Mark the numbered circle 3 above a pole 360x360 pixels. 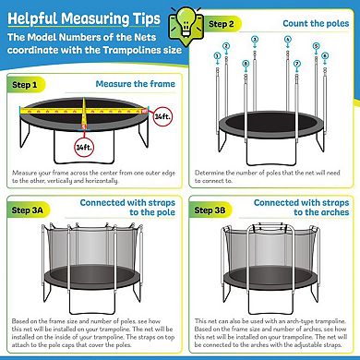[x=255, y=41]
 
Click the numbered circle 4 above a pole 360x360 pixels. [x=289, y=41]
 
